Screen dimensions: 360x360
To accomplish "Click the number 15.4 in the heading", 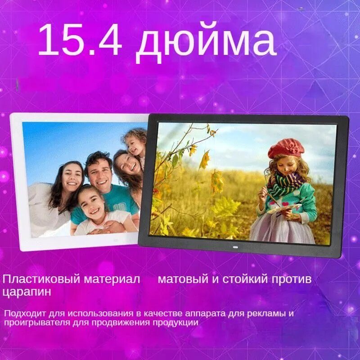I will [x=80, y=40].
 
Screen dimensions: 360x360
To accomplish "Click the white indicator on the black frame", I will [x=234, y=247].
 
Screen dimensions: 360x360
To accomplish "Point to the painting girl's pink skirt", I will [x=279, y=227].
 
